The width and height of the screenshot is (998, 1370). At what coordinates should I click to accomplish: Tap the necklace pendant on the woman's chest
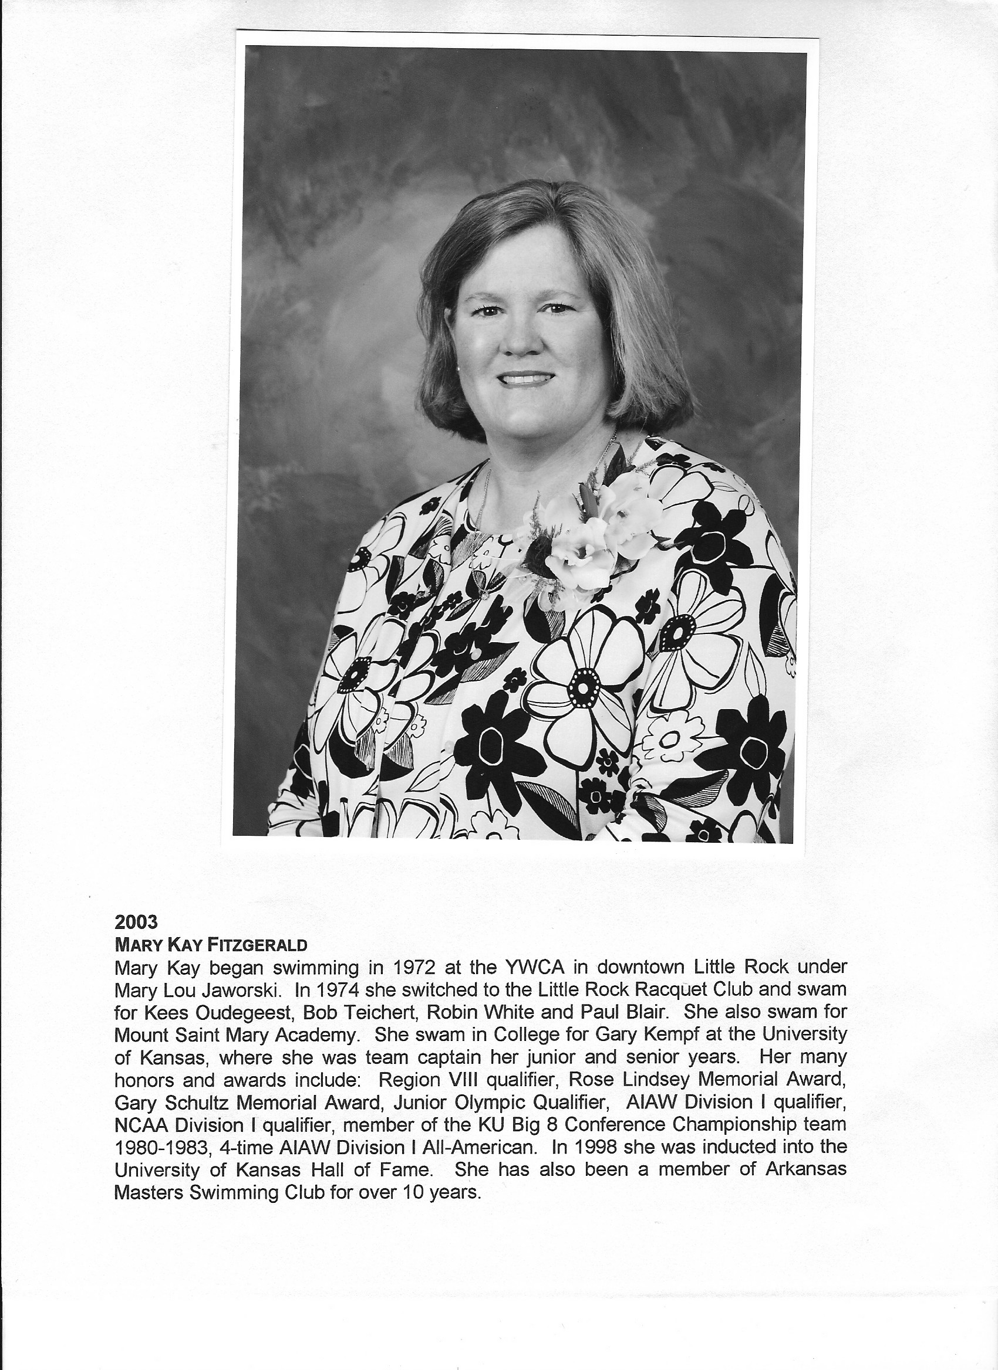pos(484,595)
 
